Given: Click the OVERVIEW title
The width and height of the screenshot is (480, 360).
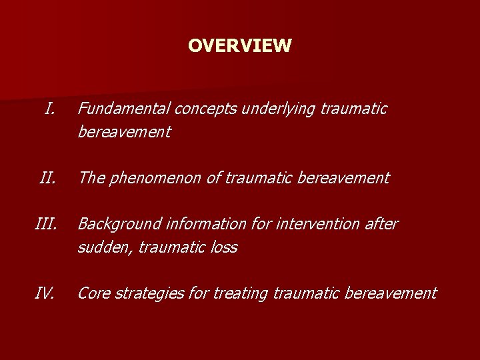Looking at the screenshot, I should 239,45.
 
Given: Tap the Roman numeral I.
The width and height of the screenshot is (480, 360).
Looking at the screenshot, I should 49,108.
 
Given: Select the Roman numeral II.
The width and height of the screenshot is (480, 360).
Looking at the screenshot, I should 47,178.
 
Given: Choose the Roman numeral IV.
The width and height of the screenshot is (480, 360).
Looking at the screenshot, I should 45,293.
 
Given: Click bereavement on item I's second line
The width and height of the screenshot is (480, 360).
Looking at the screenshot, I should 124,132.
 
